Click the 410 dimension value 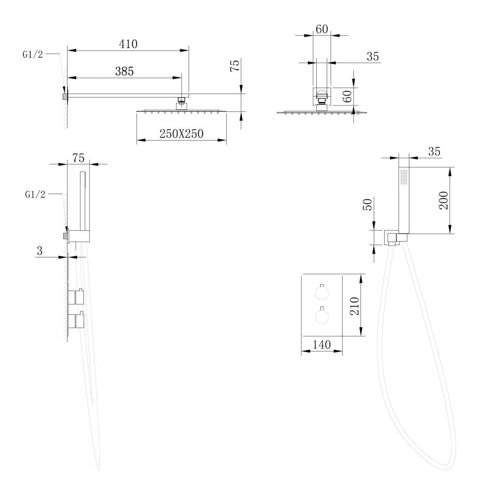[128, 44]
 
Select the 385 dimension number [124, 71]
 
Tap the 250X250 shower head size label [181, 134]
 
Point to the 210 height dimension [354, 306]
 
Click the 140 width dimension [322, 345]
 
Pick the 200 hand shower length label [443, 200]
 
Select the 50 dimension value [368, 204]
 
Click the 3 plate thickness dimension [40, 250]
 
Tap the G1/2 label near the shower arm [33, 54]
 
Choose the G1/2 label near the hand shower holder [35, 195]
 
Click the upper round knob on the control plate [322, 293]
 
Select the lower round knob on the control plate [322, 316]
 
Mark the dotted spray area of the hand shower [404, 177]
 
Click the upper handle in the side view [76, 297]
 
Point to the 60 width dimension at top [322, 29]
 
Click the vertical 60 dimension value [347, 97]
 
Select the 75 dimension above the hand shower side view [78, 158]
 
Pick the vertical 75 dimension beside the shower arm [235, 66]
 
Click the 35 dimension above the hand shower [434, 151]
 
